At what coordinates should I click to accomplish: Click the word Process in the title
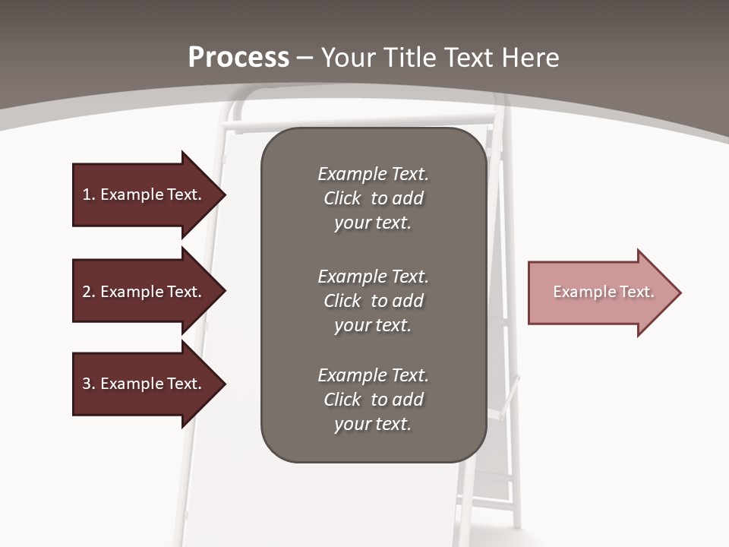tap(238, 58)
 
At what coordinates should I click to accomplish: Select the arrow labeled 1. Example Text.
tap(144, 194)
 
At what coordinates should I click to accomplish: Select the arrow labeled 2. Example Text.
tap(144, 292)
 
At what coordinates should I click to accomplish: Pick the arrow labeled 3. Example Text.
tap(144, 384)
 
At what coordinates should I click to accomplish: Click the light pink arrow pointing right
tap(600, 292)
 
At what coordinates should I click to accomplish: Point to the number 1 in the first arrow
tap(87, 194)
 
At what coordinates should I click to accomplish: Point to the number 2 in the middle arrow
tap(87, 292)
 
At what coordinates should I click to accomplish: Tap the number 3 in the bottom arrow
tap(87, 384)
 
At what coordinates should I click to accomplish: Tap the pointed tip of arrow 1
tap(224, 194)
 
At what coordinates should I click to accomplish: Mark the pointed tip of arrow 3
tap(224, 384)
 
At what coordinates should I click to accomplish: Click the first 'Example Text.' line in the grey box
tap(373, 174)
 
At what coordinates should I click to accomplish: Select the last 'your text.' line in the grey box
tap(373, 425)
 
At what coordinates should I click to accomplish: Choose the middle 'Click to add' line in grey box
tap(373, 301)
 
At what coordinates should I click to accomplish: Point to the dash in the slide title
tap(305, 58)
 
